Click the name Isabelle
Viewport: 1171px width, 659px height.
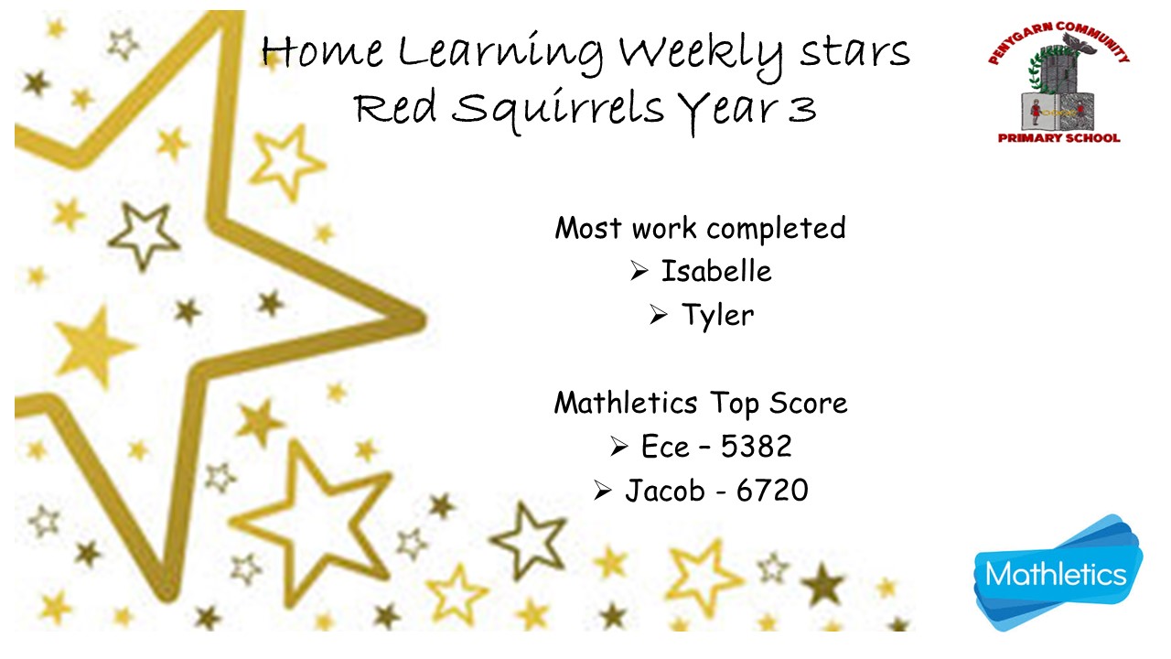pyautogui.click(x=716, y=271)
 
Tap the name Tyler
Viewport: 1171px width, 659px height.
pyautogui.click(x=718, y=316)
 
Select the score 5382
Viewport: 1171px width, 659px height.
pyautogui.click(x=756, y=446)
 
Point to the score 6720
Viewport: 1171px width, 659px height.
pyautogui.click(x=772, y=490)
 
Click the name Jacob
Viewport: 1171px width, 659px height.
pyautogui.click(x=665, y=491)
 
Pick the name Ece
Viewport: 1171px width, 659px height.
pyautogui.click(x=665, y=447)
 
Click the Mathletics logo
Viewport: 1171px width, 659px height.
pyautogui.click(x=1058, y=572)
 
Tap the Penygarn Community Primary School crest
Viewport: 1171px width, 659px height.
pyautogui.click(x=1058, y=82)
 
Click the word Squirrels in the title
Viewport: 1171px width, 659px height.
pyautogui.click(x=558, y=109)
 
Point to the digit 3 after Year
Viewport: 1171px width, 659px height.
pyautogui.click(x=802, y=109)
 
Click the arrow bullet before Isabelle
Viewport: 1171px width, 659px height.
pyautogui.click(x=639, y=271)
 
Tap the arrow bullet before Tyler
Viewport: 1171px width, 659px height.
pyautogui.click(x=659, y=315)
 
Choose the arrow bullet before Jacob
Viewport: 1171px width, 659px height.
pyautogui.click(x=603, y=491)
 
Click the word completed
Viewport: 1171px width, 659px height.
pyautogui.click(x=776, y=229)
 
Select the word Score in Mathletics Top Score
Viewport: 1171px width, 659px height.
pyautogui.click(x=808, y=403)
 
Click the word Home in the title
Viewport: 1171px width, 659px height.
pyautogui.click(x=322, y=52)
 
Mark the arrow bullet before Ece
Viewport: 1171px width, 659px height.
pyautogui.click(x=619, y=447)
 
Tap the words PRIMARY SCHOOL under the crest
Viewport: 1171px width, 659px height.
pyautogui.click(x=1059, y=138)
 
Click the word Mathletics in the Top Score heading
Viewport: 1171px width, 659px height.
pyautogui.click(x=626, y=403)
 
